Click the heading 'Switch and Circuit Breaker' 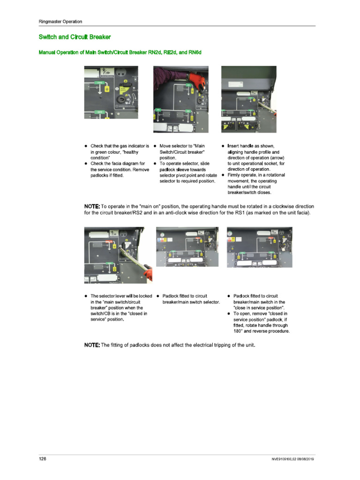[x=75, y=37]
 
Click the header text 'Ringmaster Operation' [x=60, y=22]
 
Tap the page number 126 [x=43, y=459]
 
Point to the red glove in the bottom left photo [x=148, y=272]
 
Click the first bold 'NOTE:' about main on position [x=92, y=206]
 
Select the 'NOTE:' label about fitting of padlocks [x=92, y=345]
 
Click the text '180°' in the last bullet [x=239, y=331]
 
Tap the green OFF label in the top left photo [x=99, y=112]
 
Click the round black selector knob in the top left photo [x=122, y=100]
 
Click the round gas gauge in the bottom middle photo [x=162, y=234]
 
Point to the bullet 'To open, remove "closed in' [x=260, y=314]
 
